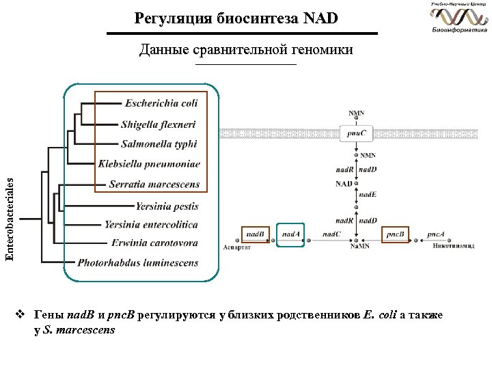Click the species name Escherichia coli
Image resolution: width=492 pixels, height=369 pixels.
161,103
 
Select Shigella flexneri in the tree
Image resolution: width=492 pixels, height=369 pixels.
158,124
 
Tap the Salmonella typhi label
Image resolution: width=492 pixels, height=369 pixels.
159,144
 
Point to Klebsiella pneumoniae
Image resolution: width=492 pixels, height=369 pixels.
149,164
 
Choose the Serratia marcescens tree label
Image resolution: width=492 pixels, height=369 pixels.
154,184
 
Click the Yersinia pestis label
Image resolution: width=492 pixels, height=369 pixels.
167,205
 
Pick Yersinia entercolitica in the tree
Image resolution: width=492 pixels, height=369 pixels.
151,225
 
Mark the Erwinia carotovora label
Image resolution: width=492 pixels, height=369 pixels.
155,243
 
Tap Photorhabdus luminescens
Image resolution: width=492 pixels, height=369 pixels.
138,262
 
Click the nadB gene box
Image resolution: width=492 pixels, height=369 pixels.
256,234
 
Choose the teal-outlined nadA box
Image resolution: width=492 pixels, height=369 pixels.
291,234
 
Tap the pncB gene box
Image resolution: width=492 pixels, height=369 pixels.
395,234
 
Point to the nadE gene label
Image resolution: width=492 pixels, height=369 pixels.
368,195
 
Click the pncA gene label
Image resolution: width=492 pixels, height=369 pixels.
435,234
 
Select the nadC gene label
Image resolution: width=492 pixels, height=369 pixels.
332,234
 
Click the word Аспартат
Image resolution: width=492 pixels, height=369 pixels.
237,247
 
